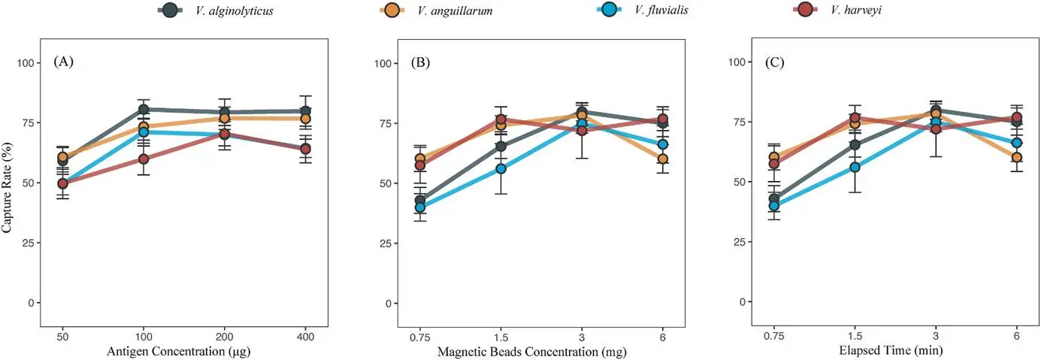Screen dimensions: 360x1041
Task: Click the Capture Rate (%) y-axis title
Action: tap(7, 182)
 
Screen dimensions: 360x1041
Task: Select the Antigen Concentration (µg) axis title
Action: tap(183, 351)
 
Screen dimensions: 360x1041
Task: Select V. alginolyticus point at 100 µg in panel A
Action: tap(143, 110)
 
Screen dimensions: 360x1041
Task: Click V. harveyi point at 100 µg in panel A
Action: tap(143, 159)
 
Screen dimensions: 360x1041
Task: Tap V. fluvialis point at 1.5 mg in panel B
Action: tap(501, 168)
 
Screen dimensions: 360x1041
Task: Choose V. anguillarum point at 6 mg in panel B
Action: tap(663, 159)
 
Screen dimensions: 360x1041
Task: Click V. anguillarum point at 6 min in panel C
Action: tap(1016, 157)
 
